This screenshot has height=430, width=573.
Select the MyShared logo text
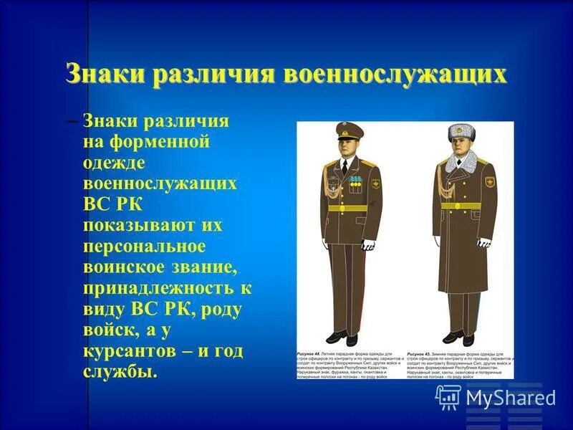511,397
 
